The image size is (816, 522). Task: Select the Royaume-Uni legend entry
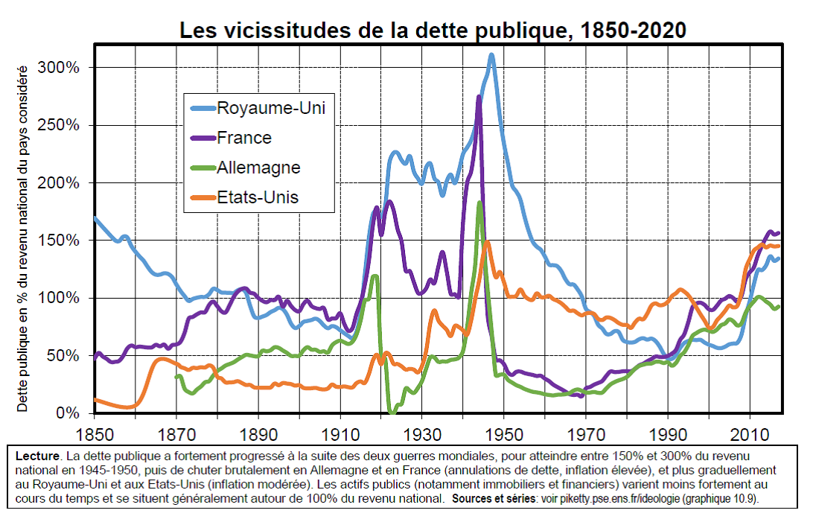[x=258, y=108]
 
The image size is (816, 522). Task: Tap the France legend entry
[x=231, y=138]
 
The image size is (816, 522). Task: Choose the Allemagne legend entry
[x=246, y=168]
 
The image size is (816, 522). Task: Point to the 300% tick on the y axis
[x=58, y=68]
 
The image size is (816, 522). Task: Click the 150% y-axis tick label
[x=58, y=241]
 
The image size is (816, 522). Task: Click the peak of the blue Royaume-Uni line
[x=491, y=54]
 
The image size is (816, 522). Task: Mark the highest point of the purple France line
[x=479, y=97]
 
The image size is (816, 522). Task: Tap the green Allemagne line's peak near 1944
[x=479, y=203]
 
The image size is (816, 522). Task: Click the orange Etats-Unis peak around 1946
[x=487, y=241]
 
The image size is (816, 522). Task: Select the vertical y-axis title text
[x=22, y=239]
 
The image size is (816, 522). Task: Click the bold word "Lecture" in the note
[x=37, y=456]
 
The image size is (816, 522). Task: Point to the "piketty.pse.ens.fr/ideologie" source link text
[x=610, y=499]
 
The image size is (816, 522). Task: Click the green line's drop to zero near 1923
[x=392, y=413]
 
